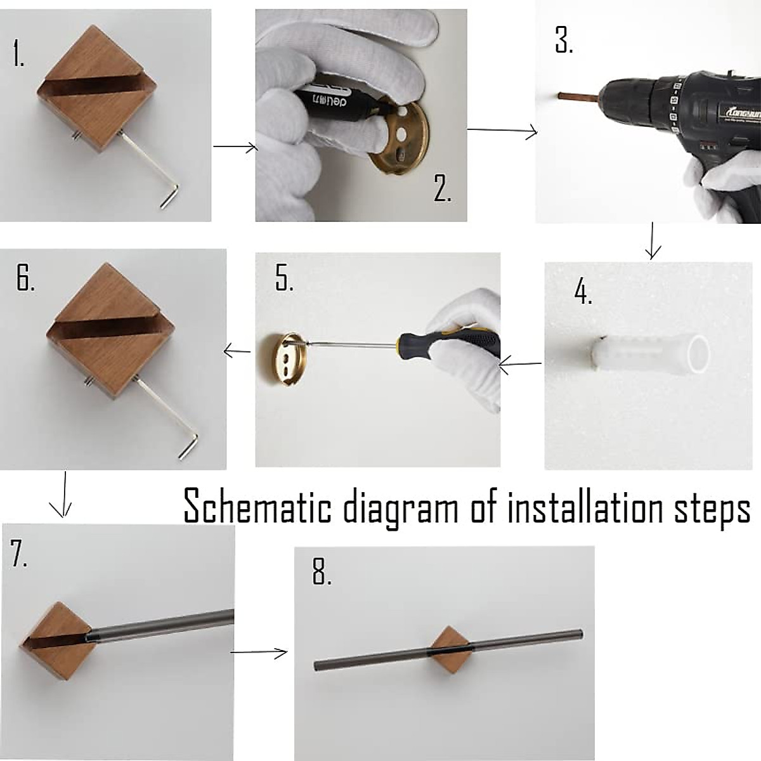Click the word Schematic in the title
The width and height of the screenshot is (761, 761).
pyautogui.click(x=257, y=506)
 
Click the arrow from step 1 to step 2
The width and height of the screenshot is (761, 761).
pyautogui.click(x=235, y=147)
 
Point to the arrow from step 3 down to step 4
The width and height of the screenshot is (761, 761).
pyautogui.click(x=653, y=241)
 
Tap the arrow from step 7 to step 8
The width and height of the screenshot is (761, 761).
pyautogui.click(x=259, y=652)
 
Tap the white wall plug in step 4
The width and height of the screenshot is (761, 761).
pyautogui.click(x=649, y=353)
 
